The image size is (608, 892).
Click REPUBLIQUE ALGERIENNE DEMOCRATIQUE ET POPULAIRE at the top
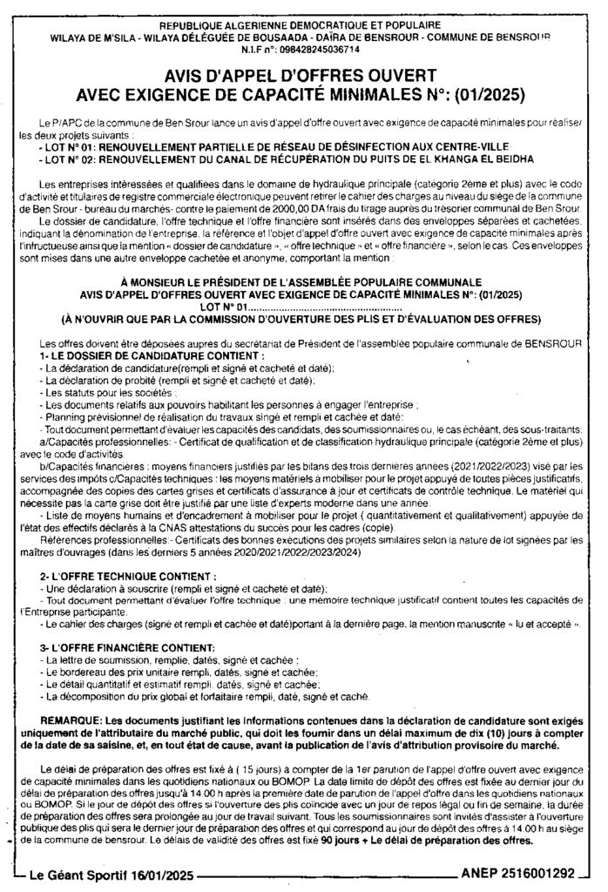304,25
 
